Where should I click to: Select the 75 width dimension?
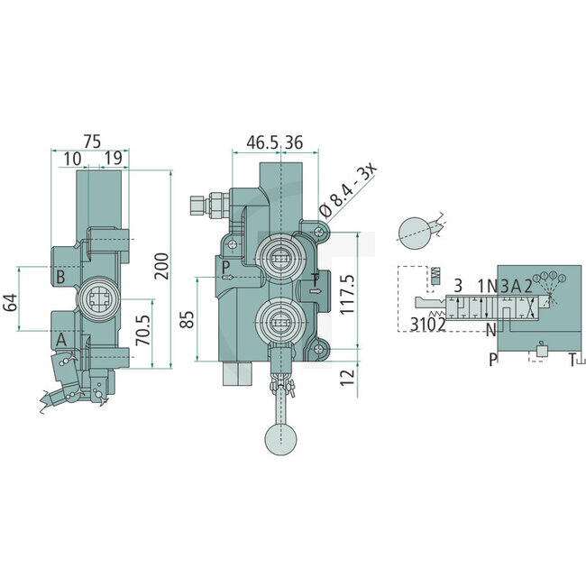tap(90, 142)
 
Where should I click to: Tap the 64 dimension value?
tap(11, 302)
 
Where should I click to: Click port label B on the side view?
tap(60, 276)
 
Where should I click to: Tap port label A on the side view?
tap(60, 339)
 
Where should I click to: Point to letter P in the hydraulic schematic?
tap(493, 359)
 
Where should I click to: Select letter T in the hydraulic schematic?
tap(571, 359)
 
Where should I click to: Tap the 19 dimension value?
tap(113, 159)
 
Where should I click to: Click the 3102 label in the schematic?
tap(429, 325)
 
